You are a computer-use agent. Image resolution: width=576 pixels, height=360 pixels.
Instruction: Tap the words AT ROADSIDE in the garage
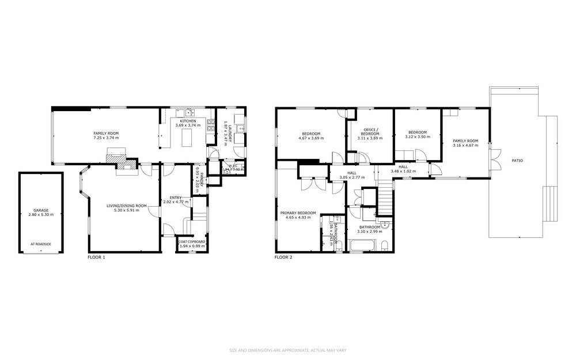click(x=41, y=244)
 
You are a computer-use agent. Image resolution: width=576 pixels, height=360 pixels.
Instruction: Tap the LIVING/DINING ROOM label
click(x=126, y=206)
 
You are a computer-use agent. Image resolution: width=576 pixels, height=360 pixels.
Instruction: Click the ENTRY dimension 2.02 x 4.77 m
click(x=176, y=202)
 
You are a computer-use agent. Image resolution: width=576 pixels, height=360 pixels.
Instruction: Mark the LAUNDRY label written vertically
click(x=229, y=130)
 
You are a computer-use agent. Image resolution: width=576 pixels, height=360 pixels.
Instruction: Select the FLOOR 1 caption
click(x=96, y=257)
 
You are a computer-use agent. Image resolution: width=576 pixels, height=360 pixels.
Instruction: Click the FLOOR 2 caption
click(x=283, y=257)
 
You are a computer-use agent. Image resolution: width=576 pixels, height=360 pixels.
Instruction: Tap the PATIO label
click(x=517, y=160)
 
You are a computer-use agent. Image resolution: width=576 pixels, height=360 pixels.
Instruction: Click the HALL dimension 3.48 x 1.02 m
click(x=403, y=170)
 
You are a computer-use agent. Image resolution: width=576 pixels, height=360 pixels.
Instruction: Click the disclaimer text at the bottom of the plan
click(x=287, y=350)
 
